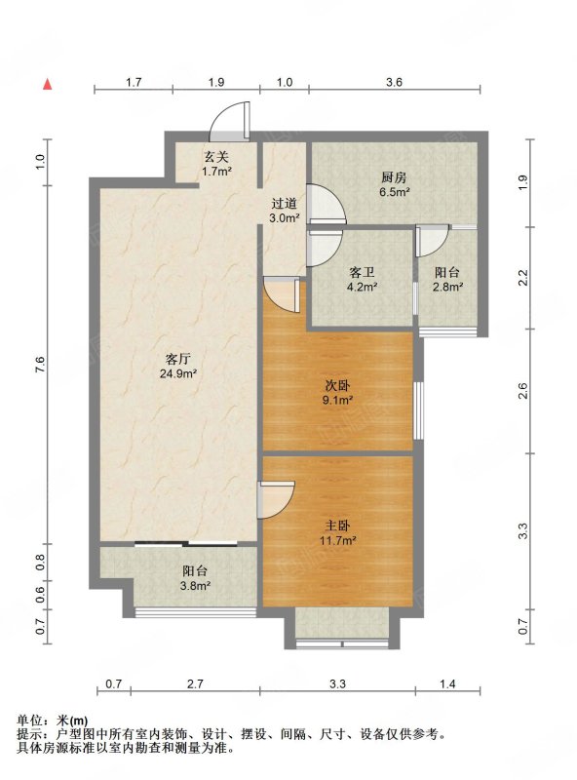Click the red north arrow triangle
[x=47, y=85]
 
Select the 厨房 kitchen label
[x=394, y=177]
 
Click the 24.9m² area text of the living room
[x=178, y=373]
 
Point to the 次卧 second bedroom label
[x=337, y=385]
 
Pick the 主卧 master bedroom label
[x=337, y=526]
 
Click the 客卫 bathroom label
[x=362, y=273]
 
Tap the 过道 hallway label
[x=284, y=204]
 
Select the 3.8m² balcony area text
[x=195, y=586]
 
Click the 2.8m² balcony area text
[x=447, y=287]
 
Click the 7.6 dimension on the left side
[x=40, y=365]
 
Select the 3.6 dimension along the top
[x=394, y=82]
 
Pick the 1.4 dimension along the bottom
[x=447, y=684]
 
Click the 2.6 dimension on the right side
[x=522, y=391]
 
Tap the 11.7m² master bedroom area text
[x=337, y=540]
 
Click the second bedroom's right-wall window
[x=419, y=410]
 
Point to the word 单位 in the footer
[x=29, y=721]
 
